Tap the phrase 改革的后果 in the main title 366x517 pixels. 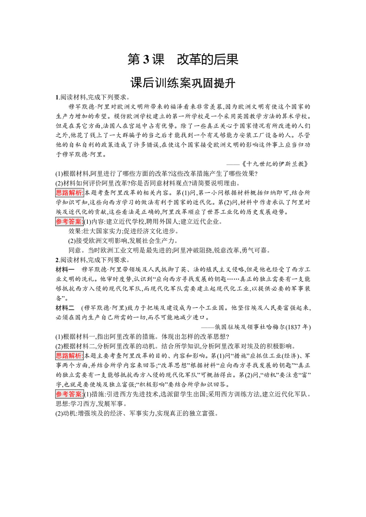coord(208,59)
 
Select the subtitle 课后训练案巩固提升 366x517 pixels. coord(183,83)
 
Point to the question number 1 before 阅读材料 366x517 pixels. coord(57,97)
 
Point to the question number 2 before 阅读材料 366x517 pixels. coord(57,260)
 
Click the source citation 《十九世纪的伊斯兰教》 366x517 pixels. coord(276,164)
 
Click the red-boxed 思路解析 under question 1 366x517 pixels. coord(70,193)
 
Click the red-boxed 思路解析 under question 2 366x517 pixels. coord(70,356)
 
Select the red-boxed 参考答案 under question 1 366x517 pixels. coord(69,222)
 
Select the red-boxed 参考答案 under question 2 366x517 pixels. coord(69,394)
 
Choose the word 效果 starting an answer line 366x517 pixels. coord(75,231)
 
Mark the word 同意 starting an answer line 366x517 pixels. coord(75,250)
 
